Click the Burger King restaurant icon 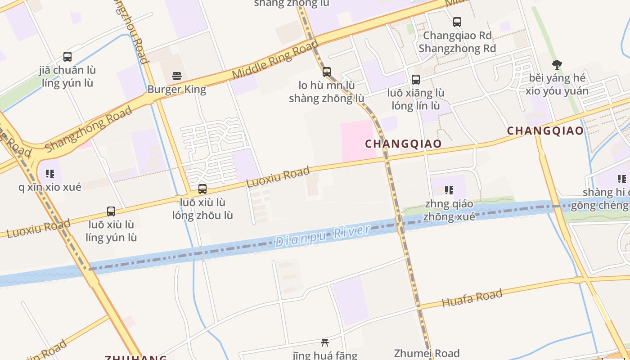(x=177, y=76)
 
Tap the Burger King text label (x=177, y=89)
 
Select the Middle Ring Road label (x=275, y=59)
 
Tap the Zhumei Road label (x=427, y=353)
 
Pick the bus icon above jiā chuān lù (x=67, y=57)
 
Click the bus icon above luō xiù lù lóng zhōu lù (x=202, y=189)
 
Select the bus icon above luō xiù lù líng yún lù (x=111, y=211)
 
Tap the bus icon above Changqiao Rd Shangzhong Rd (x=457, y=22)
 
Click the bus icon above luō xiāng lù (x=416, y=80)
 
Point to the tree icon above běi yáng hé (x=557, y=65)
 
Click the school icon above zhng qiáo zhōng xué (x=449, y=190)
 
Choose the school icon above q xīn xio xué (x=50, y=174)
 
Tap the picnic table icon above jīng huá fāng (x=325, y=343)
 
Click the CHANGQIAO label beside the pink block (x=403, y=144)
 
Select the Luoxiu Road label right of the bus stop (x=278, y=177)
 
